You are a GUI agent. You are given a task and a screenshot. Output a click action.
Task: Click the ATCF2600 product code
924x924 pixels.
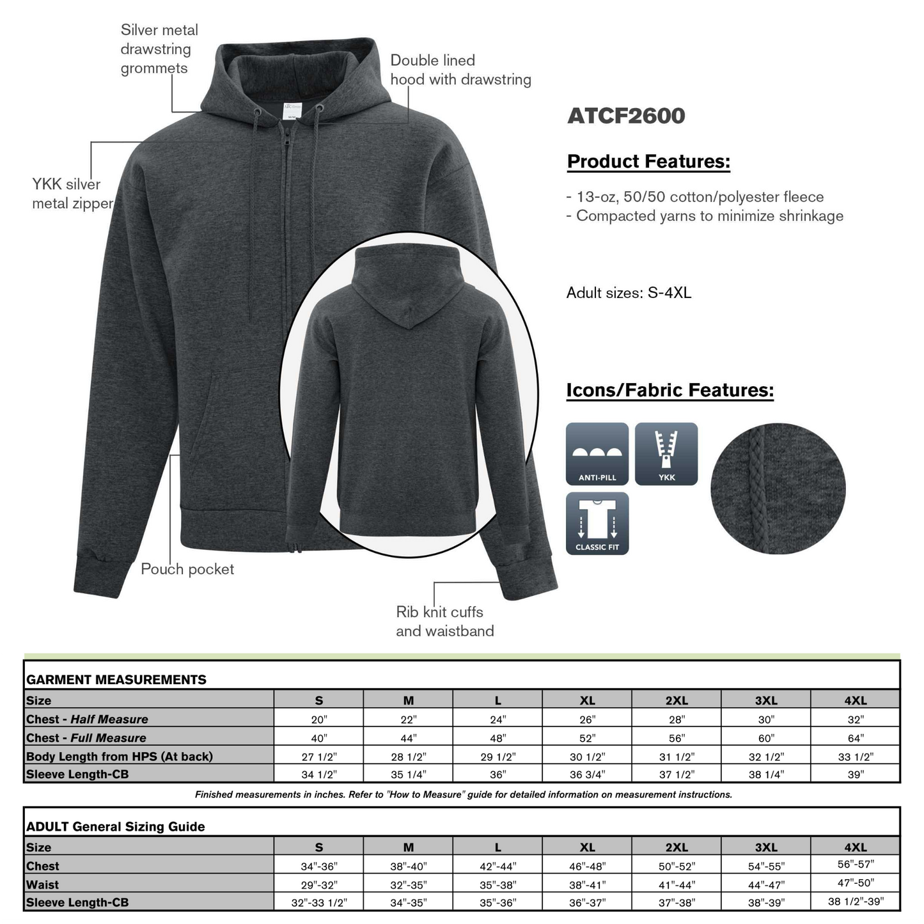(625, 116)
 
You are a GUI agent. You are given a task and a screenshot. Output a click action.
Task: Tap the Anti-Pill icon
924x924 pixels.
(597, 453)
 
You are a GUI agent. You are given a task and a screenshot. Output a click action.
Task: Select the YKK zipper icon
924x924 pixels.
(666, 453)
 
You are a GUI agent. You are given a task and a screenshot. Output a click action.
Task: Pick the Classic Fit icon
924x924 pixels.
(597, 523)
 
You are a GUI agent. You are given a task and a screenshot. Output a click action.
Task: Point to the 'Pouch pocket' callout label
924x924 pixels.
(187, 569)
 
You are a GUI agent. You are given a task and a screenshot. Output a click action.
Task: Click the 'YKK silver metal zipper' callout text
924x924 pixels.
(72, 194)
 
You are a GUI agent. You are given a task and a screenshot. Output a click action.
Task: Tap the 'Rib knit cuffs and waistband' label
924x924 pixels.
(444, 621)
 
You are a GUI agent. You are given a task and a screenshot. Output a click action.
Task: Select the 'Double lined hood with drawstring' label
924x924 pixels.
(460, 70)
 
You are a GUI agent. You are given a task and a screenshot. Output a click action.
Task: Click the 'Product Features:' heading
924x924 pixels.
(648, 161)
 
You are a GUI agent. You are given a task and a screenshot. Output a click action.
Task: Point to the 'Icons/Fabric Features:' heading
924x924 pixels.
(670, 390)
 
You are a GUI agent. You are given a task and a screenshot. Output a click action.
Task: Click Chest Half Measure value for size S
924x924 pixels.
(318, 719)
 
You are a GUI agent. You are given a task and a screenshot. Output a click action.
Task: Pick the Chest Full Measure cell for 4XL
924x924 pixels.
(855, 738)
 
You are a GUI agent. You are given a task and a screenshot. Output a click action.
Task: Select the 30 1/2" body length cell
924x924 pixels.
(587, 756)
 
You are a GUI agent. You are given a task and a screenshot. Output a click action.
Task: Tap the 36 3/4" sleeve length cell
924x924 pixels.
(587, 774)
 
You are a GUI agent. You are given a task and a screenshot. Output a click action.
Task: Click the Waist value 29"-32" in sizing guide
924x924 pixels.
(318, 885)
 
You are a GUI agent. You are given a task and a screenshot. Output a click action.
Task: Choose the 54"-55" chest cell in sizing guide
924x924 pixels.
(765, 866)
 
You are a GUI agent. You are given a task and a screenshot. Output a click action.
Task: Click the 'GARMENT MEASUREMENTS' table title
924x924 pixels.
(116, 680)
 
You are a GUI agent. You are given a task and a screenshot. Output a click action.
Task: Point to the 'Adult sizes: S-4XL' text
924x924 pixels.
(629, 293)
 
